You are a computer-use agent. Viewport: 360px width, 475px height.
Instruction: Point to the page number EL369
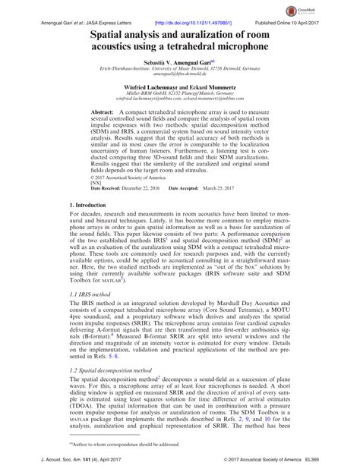[327, 461]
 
